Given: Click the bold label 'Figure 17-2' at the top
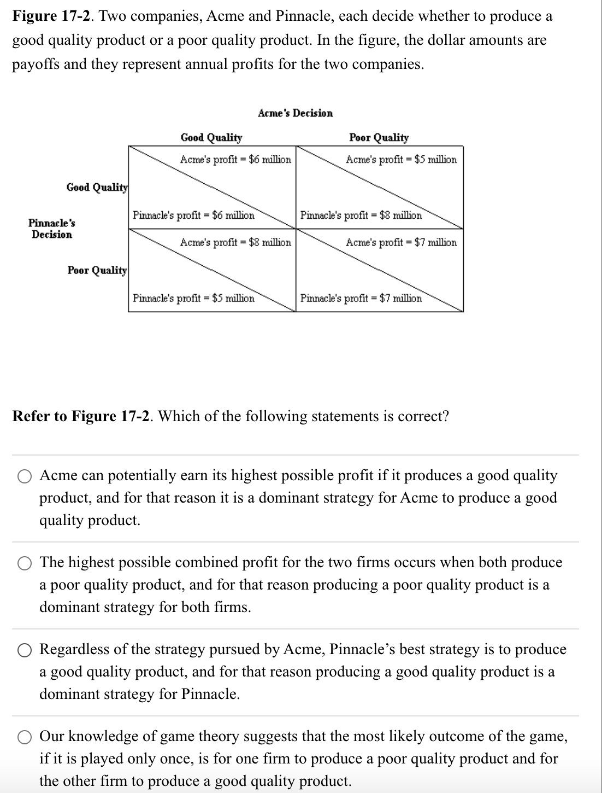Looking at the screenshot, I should click(x=52, y=16).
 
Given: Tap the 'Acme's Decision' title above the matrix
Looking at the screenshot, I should click(x=295, y=113).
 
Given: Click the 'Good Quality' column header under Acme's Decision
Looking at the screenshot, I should click(x=211, y=137).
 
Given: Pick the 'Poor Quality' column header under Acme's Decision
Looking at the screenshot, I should click(x=379, y=137).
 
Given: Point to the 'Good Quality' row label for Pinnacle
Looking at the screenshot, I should click(x=97, y=187).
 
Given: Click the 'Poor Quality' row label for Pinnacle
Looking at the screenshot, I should click(x=97, y=270).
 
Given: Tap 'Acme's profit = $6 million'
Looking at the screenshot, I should click(x=235, y=159).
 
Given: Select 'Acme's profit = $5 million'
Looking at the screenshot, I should click(x=401, y=159).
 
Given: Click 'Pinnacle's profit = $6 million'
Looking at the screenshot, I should click(x=193, y=215).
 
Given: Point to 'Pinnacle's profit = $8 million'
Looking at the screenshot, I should click(x=361, y=215).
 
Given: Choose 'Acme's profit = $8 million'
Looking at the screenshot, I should click(x=235, y=242).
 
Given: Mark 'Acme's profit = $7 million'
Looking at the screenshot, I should click(x=401, y=242).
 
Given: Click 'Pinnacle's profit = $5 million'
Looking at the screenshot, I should click(x=193, y=298).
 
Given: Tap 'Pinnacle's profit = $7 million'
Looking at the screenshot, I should click(x=361, y=298).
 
